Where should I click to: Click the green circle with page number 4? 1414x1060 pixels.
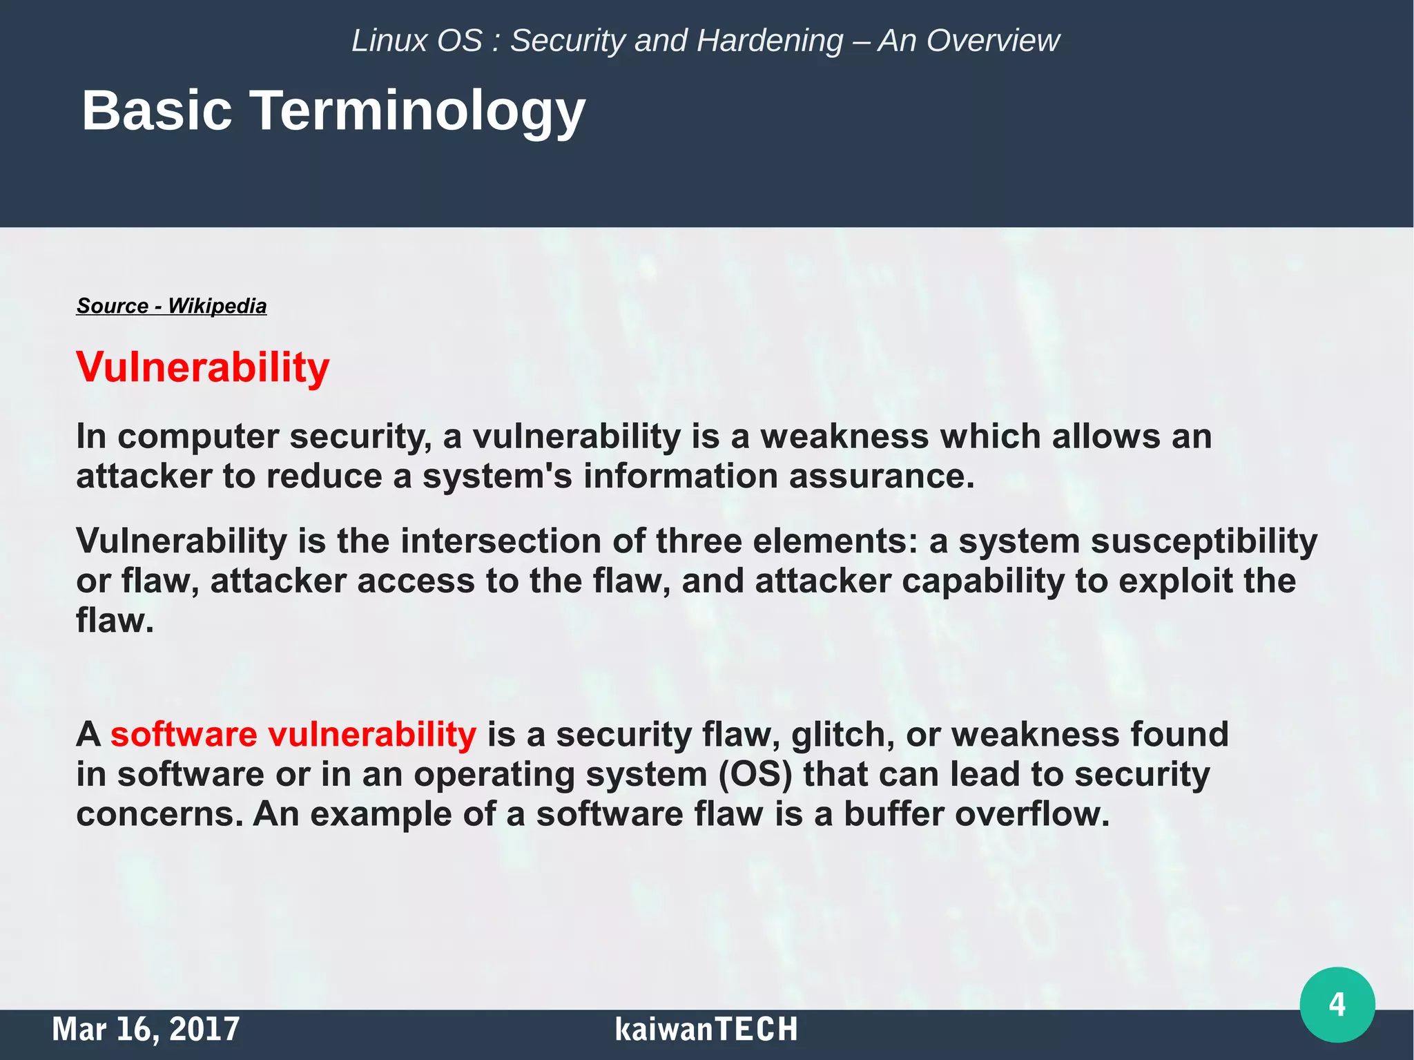1337,1004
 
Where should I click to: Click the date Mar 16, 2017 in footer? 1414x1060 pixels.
146,1029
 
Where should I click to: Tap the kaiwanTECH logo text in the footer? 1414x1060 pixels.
706,1029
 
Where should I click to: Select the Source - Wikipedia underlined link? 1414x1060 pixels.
171,306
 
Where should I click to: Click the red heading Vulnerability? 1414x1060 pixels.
202,367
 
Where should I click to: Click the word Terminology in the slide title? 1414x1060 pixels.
417,110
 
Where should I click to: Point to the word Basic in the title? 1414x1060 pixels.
157,110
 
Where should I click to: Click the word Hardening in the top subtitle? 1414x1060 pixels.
770,41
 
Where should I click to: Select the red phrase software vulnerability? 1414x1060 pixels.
293,734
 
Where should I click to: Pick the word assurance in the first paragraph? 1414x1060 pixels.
881,476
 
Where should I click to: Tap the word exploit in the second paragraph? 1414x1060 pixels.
1175,581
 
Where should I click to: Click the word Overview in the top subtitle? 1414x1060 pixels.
992,41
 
